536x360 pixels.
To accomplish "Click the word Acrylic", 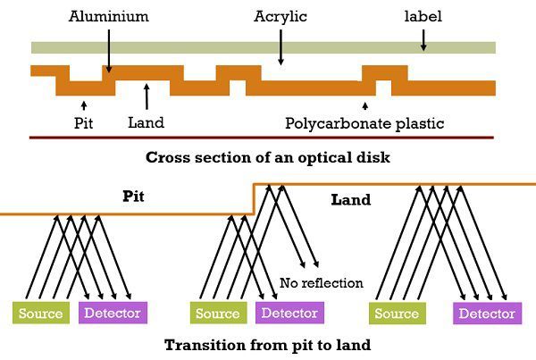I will point(281,17).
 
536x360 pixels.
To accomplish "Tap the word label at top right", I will point(423,17).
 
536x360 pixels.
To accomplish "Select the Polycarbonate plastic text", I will point(364,122).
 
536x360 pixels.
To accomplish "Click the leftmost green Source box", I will point(40,314).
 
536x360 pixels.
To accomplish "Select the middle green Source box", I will point(218,314).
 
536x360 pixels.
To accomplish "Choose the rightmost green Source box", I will point(398,314).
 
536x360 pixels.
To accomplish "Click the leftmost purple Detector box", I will point(113,314).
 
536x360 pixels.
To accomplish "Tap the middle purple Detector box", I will point(289,314).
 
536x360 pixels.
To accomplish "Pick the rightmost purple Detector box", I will point(487,314).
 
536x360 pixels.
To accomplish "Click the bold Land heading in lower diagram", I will point(350,199).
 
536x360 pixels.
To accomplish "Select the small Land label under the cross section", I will point(146,122).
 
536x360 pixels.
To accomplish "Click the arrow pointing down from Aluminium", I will point(107,49).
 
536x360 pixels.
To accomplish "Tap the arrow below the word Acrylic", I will point(281,49).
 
